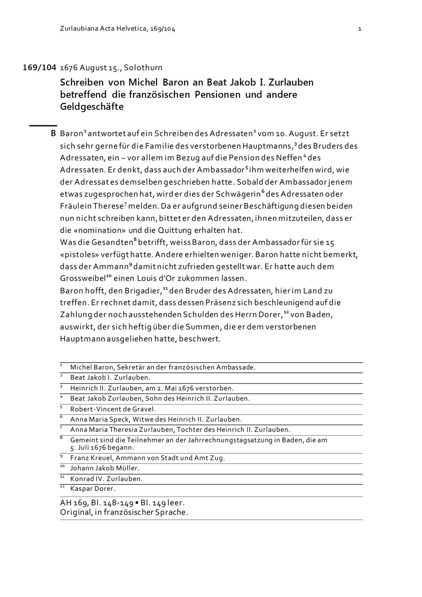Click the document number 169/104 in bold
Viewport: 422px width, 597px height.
point(39,68)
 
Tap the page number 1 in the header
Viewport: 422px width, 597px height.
point(360,29)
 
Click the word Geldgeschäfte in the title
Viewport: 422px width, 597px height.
point(92,106)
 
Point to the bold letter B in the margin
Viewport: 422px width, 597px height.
point(53,134)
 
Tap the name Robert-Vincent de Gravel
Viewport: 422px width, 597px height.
point(113,409)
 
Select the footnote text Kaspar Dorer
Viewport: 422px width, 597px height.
point(92,489)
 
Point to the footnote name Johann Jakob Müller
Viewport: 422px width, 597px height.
point(105,468)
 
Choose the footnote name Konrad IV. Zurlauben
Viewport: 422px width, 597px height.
point(106,479)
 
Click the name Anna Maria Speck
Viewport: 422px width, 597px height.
point(96,419)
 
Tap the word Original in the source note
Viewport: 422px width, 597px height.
point(76,513)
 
